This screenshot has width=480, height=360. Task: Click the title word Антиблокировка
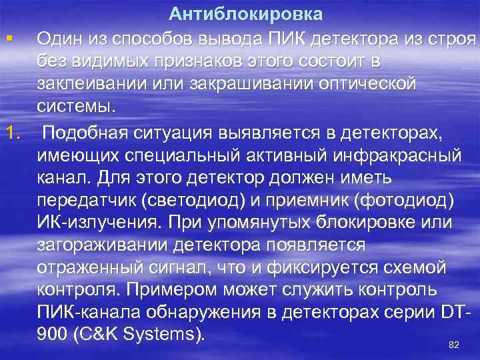click(245, 14)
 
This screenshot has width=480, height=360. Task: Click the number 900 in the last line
click(53, 334)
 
